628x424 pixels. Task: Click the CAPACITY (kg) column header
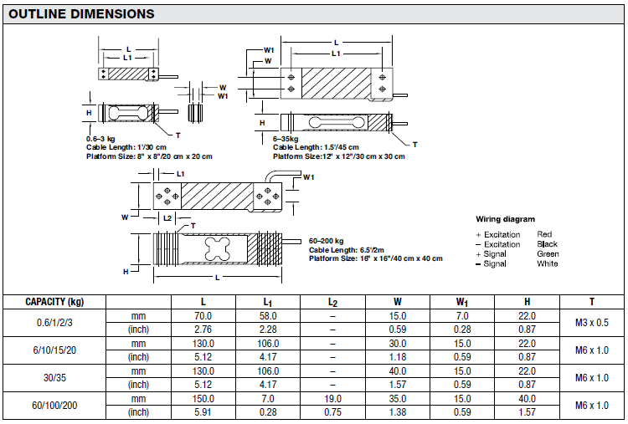(x=54, y=302)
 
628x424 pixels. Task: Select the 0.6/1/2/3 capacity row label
(x=54, y=323)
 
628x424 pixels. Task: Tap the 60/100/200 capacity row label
(x=54, y=405)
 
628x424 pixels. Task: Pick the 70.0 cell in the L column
(x=203, y=316)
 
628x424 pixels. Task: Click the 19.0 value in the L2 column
(x=332, y=398)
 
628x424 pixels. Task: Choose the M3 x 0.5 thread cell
(x=592, y=323)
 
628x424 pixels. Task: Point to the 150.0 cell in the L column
(x=203, y=398)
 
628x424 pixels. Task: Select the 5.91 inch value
(x=203, y=411)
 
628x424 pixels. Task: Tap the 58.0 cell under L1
(x=268, y=316)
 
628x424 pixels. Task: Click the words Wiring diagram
(x=505, y=219)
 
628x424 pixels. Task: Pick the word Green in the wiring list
(x=548, y=254)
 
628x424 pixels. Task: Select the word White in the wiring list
(x=548, y=264)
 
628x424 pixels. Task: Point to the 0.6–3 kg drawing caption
(x=101, y=137)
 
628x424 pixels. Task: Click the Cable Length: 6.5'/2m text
(x=346, y=250)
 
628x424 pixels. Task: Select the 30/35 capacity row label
(x=54, y=377)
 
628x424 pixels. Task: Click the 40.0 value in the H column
(x=528, y=398)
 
